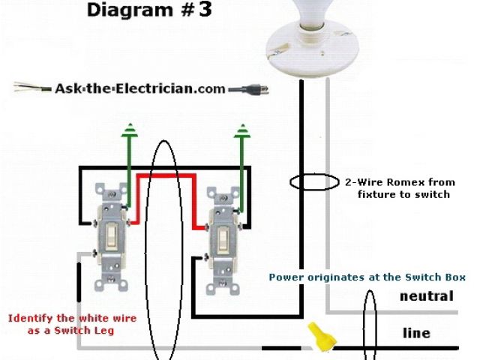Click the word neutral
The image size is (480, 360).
[426, 296]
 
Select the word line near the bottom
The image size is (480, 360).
[416, 333]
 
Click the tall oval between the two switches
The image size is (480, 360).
[163, 247]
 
